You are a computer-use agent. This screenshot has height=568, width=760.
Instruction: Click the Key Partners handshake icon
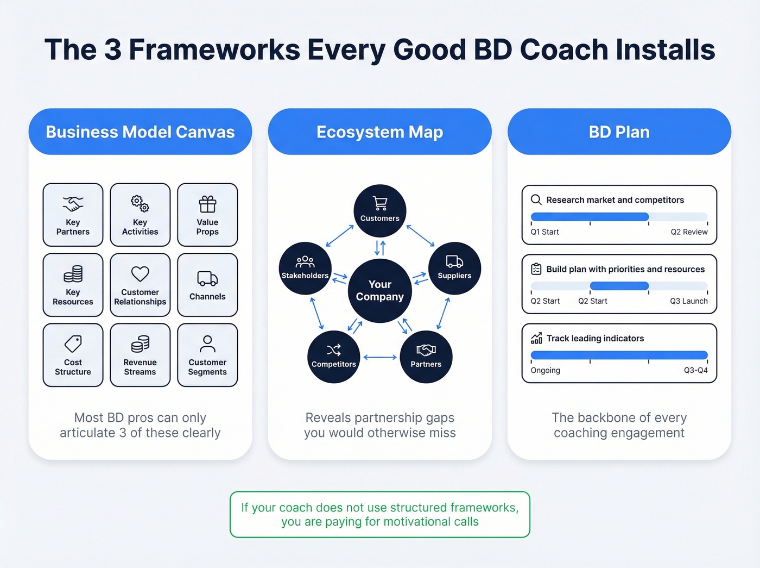[73, 204]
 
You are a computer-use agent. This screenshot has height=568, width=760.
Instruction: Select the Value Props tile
[207, 215]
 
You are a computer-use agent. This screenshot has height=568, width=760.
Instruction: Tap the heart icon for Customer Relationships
[140, 273]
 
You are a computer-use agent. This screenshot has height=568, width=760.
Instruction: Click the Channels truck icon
[207, 278]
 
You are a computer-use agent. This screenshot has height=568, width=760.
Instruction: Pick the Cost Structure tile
[73, 355]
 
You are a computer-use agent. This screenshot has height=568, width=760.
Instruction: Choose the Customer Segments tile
[207, 355]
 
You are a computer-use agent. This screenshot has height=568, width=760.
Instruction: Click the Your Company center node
[380, 290]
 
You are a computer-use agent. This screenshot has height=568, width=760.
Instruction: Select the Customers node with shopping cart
[380, 210]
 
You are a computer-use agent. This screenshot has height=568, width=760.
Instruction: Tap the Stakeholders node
[305, 268]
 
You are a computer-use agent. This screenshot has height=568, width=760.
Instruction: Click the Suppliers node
[454, 268]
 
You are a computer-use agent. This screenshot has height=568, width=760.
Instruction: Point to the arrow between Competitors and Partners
[380, 357]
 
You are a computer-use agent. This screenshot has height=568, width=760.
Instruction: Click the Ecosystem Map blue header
[380, 132]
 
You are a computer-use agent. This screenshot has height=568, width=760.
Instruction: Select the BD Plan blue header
[619, 132]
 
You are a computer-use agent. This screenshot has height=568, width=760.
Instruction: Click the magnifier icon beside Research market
[536, 199]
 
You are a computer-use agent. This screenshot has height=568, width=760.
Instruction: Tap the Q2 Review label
[689, 232]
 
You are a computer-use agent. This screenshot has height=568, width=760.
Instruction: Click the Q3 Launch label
[688, 301]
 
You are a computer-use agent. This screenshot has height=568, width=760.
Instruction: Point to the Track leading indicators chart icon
[536, 338]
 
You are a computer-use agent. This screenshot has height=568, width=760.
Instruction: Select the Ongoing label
[545, 370]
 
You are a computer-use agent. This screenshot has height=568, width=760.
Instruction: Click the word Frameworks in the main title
[214, 49]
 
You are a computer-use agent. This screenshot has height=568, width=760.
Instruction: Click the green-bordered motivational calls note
[380, 514]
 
